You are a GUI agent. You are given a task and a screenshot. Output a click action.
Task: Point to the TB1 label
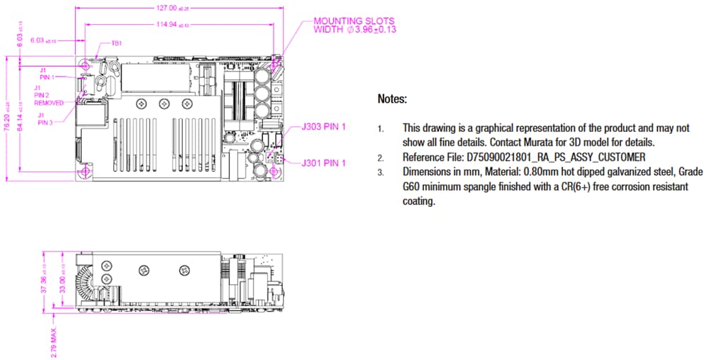tap(116, 43)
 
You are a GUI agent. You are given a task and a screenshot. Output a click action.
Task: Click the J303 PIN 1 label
tap(323, 127)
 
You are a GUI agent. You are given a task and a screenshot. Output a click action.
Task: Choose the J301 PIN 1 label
tap(323, 163)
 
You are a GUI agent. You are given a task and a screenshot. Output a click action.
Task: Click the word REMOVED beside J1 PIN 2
tap(49, 103)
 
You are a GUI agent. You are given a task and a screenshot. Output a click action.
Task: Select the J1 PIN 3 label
tap(45, 118)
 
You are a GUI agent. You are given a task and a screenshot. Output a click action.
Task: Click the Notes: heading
tap(392, 99)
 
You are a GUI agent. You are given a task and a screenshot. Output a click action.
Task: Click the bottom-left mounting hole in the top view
tap(86, 172)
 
